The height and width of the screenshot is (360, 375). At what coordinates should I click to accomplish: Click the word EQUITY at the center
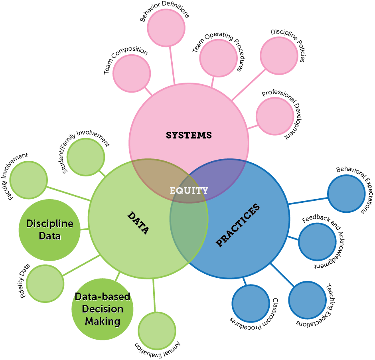click(x=189, y=190)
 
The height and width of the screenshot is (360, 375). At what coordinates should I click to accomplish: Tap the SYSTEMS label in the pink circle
click(x=189, y=135)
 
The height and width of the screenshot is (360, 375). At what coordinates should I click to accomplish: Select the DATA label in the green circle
click(x=138, y=223)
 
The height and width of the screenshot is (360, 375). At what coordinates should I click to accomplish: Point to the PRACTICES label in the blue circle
click(x=238, y=225)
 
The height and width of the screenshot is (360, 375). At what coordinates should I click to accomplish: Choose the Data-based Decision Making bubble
click(x=103, y=309)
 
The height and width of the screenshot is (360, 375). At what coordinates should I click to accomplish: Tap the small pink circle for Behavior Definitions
click(x=166, y=28)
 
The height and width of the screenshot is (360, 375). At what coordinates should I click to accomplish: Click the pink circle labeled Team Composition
click(x=132, y=73)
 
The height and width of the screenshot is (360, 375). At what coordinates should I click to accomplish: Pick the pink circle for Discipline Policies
click(x=279, y=56)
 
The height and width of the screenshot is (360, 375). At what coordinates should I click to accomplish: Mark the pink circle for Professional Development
click(x=275, y=116)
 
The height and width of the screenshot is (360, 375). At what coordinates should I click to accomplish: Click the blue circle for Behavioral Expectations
click(x=346, y=194)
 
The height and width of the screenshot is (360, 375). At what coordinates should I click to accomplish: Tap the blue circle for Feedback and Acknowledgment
click(x=317, y=242)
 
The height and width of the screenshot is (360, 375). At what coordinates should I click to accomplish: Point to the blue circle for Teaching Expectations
click(x=307, y=301)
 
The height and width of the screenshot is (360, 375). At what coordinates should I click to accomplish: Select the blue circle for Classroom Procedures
click(x=251, y=303)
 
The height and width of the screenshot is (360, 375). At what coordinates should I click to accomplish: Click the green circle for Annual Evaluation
click(x=157, y=330)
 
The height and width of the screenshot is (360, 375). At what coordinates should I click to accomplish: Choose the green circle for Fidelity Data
click(x=45, y=283)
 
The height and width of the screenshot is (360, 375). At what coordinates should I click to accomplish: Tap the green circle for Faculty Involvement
click(x=28, y=180)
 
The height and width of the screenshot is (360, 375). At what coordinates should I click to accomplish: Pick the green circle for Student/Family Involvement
click(x=86, y=157)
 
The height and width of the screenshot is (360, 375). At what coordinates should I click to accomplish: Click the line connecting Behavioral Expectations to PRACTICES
click(x=308, y=201)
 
